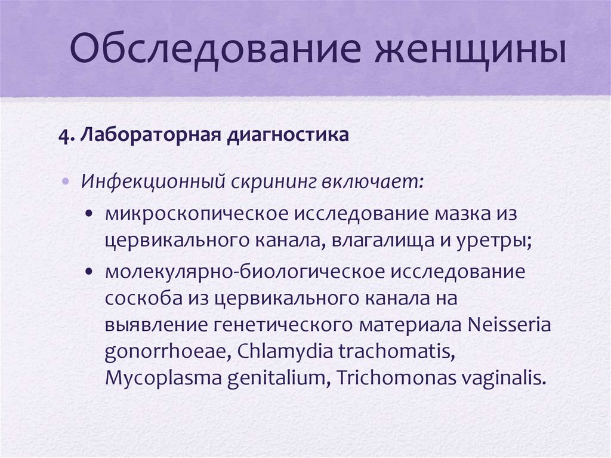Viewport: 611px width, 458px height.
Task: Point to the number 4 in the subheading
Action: coord(63,136)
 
